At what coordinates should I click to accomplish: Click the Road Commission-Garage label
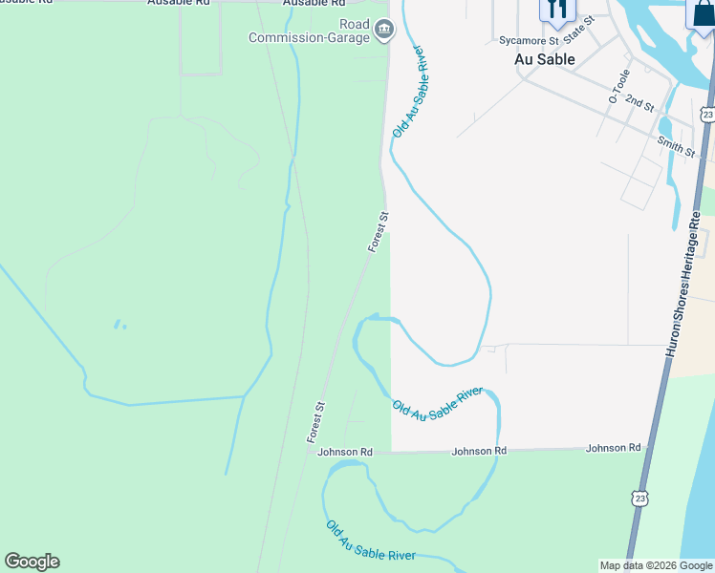click(x=308, y=31)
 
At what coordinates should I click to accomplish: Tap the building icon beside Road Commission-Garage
click(x=383, y=31)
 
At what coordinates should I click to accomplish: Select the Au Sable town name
click(x=545, y=59)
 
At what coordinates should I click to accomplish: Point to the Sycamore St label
click(x=529, y=41)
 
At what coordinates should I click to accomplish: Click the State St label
click(x=579, y=30)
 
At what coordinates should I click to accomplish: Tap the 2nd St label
click(x=639, y=100)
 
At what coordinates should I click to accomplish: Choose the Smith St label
click(x=676, y=146)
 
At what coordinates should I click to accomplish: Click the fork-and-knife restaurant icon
click(x=555, y=10)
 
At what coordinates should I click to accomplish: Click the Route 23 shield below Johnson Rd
click(x=639, y=498)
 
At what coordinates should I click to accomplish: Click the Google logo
click(x=32, y=562)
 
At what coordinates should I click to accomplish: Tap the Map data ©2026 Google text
click(x=657, y=565)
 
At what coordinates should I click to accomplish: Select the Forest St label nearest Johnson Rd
click(x=316, y=422)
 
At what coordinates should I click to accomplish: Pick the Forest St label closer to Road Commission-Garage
click(x=379, y=233)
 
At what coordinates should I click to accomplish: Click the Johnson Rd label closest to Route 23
click(x=614, y=448)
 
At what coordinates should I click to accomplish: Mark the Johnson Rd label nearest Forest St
click(x=345, y=452)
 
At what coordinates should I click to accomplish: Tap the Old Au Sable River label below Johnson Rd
click(x=371, y=541)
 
